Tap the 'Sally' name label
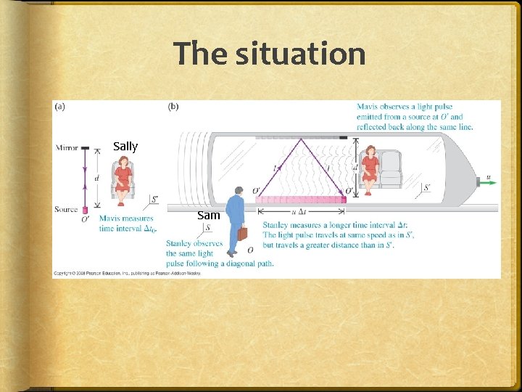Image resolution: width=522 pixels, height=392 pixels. (125, 146)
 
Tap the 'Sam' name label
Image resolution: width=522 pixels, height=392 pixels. (209, 215)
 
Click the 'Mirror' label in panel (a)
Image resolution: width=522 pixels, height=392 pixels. (67, 147)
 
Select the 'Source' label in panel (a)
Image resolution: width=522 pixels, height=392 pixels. (66, 209)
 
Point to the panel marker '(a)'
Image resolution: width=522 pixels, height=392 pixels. (59, 107)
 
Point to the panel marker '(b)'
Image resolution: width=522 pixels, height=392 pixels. (174, 107)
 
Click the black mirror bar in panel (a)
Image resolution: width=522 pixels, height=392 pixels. (86, 148)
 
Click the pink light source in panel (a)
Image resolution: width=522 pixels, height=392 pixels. (86, 210)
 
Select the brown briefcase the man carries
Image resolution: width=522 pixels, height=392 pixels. (242, 233)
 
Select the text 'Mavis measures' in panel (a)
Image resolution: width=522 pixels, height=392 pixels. (126, 219)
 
